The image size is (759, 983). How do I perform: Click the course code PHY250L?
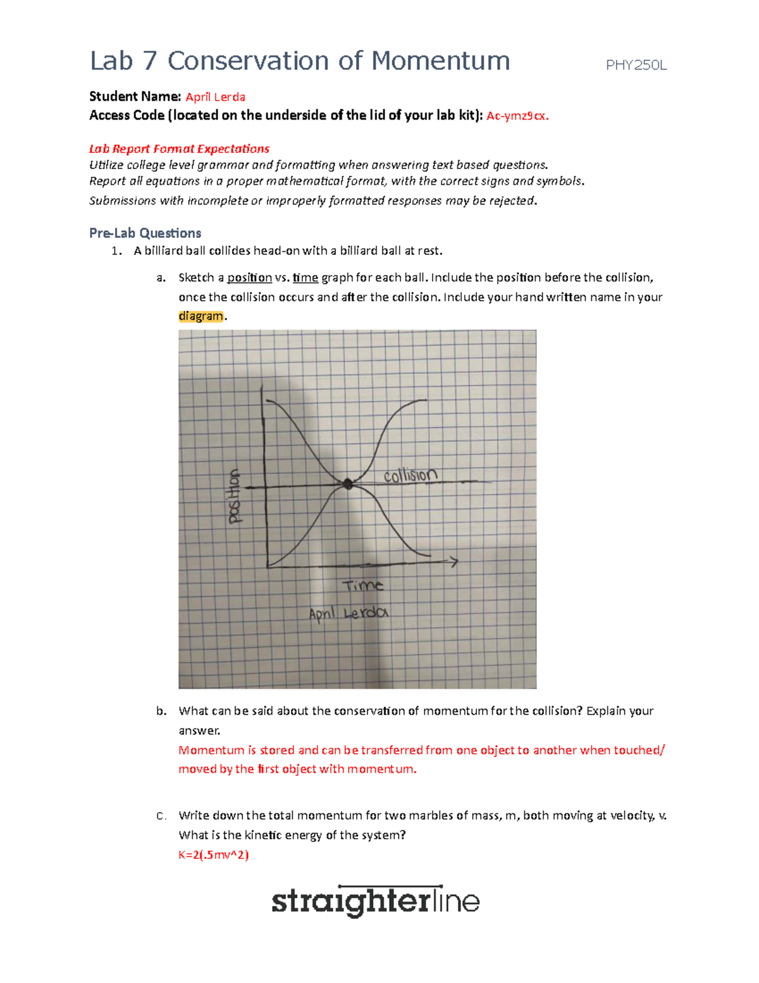click(x=636, y=65)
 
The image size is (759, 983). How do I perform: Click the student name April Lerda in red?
click(x=215, y=97)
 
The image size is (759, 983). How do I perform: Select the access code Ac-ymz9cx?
click(x=517, y=116)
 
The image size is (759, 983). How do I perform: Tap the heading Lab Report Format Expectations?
click(x=179, y=149)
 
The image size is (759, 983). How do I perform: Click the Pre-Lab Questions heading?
click(x=145, y=233)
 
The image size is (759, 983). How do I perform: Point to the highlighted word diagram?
click(x=201, y=316)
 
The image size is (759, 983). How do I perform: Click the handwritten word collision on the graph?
click(x=410, y=475)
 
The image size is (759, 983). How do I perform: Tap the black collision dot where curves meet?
click(x=347, y=484)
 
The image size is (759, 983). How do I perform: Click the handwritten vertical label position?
click(x=235, y=497)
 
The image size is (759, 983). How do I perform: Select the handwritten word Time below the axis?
click(x=362, y=585)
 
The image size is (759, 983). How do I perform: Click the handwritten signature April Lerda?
click(x=348, y=613)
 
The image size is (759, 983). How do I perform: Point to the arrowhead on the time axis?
click(x=453, y=561)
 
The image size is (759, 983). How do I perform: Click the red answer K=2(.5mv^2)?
click(x=213, y=855)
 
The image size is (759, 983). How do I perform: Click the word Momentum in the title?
click(x=440, y=61)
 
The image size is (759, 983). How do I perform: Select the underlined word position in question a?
click(x=249, y=277)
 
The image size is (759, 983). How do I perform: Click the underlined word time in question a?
click(x=305, y=277)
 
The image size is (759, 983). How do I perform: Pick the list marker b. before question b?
click(x=161, y=711)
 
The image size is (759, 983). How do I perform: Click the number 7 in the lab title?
click(x=150, y=61)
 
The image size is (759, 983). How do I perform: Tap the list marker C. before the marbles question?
click(x=161, y=816)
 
